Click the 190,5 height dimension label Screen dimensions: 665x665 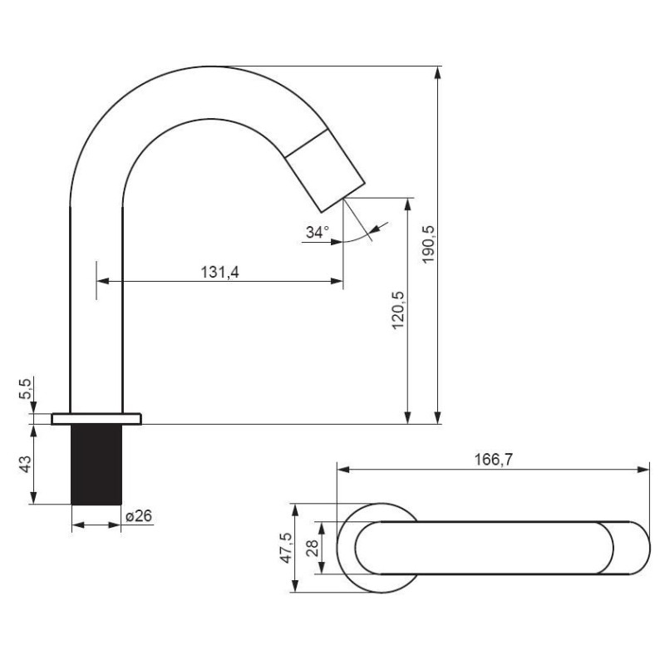pos(429,244)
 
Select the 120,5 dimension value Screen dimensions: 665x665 pos(398,310)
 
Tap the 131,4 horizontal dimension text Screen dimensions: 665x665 pos(219,273)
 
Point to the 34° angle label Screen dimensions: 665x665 pos(318,233)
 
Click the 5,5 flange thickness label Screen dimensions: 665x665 pos(25,388)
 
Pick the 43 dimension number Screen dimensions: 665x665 pos(25,465)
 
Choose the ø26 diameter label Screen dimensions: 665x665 pos(139,516)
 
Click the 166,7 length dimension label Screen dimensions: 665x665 pos(493,460)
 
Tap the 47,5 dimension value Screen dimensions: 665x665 pos(287,548)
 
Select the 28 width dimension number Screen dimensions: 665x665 pos(313,548)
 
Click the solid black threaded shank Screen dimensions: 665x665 pos(96,465)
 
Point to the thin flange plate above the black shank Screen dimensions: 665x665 pos(96,419)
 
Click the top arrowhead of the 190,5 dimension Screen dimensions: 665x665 pos(438,72)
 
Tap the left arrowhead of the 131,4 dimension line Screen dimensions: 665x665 pos(103,281)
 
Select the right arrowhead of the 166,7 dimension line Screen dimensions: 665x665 pos(643,470)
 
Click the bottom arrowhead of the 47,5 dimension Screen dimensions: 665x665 pos(294,586)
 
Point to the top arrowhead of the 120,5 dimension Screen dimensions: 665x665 pos(407,204)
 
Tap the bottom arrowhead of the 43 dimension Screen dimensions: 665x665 pos(34,498)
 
